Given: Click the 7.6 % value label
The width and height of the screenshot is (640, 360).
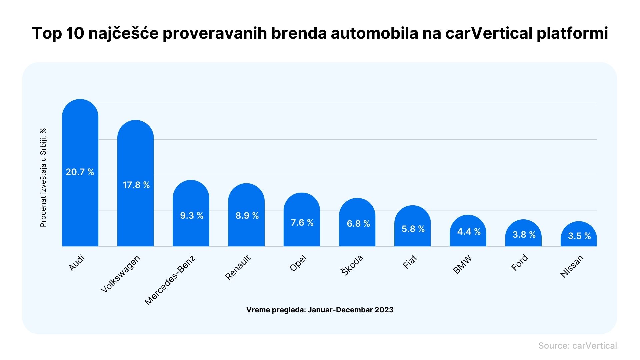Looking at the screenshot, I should (x=302, y=223).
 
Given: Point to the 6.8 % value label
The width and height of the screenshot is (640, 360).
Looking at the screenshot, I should (x=358, y=224).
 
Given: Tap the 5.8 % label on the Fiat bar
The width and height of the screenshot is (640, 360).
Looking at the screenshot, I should (x=413, y=229).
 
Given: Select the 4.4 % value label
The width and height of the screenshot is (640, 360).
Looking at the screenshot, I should (x=469, y=232).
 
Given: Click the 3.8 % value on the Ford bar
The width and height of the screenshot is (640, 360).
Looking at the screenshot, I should (x=524, y=235).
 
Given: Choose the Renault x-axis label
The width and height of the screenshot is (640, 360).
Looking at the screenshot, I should (x=238, y=267).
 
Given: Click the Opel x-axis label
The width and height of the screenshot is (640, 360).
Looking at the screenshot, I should (x=298, y=263).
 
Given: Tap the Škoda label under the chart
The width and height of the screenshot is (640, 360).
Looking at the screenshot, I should (x=352, y=265).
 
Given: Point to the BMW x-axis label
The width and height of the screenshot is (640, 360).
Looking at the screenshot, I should (x=462, y=264).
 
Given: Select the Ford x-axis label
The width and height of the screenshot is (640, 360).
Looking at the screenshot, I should (x=520, y=263).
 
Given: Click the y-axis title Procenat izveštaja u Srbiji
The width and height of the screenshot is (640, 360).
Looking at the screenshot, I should (x=43, y=177).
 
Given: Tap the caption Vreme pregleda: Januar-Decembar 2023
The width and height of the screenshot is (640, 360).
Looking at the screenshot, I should (x=320, y=310).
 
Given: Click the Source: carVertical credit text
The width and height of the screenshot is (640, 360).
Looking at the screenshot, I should (x=577, y=346).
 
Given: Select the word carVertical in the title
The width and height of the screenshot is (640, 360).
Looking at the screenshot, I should (x=489, y=33).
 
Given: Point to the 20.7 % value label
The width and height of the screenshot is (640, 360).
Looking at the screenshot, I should (x=80, y=172).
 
